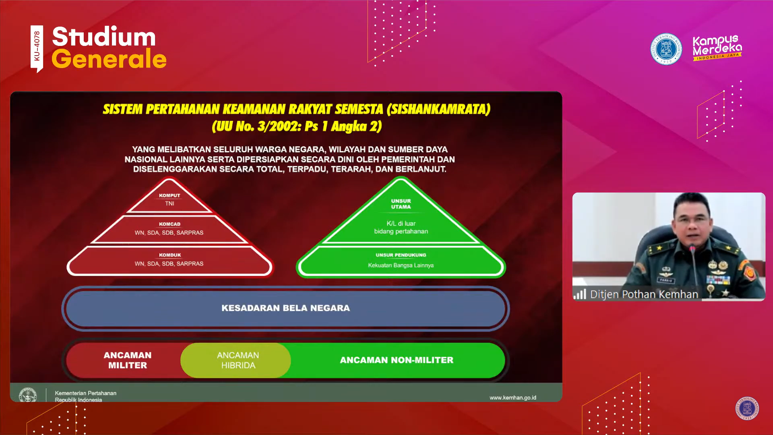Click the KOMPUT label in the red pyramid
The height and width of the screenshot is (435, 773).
click(169, 195)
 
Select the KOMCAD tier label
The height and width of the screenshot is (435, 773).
click(169, 224)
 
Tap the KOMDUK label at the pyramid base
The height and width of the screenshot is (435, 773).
click(170, 255)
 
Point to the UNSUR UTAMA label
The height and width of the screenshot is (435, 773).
click(401, 204)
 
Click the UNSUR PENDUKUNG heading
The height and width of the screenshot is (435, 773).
click(401, 255)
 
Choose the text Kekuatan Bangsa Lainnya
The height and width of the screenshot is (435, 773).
click(401, 265)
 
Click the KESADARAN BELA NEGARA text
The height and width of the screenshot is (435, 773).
click(286, 308)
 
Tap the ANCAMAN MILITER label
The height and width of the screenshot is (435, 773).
click(128, 360)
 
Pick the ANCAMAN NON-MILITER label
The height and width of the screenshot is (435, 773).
click(397, 360)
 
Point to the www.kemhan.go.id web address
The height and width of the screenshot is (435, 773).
click(513, 398)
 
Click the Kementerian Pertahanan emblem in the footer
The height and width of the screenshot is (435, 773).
click(28, 395)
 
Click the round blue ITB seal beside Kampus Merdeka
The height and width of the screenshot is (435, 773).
click(666, 49)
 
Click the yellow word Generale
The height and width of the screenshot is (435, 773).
click(109, 59)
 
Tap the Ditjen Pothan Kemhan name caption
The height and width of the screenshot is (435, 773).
click(644, 294)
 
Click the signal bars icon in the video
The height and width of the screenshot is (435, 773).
click(580, 294)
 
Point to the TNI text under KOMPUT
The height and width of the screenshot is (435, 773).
click(169, 203)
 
